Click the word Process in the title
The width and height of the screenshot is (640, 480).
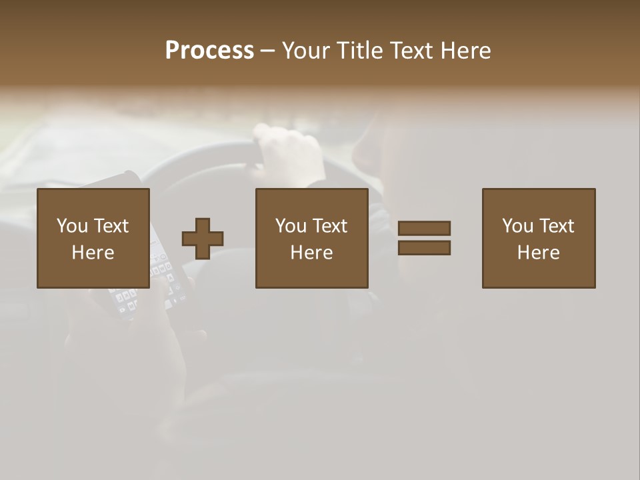(209, 51)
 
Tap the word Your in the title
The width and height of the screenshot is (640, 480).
(308, 51)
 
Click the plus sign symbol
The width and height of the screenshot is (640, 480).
(203, 239)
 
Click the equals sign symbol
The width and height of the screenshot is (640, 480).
(424, 238)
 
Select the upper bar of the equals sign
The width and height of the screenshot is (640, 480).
(424, 228)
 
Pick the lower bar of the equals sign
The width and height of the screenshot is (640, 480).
(424, 248)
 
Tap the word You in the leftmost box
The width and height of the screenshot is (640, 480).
(72, 226)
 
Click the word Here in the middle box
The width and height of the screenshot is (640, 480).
(312, 253)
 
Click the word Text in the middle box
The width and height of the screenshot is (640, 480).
(329, 226)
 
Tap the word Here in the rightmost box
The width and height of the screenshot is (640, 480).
(539, 253)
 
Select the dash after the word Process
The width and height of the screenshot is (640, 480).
(267, 51)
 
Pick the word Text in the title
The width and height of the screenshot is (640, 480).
(414, 51)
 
